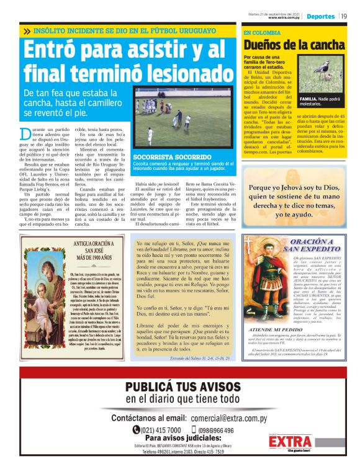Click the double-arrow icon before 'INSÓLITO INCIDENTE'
click(27, 30)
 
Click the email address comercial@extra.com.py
click(232, 418)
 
